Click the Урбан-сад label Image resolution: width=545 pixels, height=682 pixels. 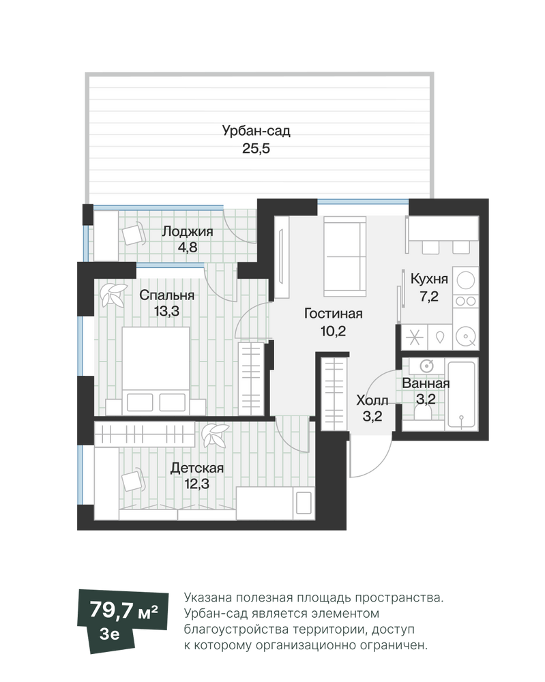pos(256,130)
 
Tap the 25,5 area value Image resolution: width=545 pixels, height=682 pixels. pos(256,148)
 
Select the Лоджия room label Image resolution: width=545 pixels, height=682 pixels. pos(188,231)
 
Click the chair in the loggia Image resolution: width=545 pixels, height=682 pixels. pos(134,233)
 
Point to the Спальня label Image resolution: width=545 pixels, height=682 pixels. pos(166,295)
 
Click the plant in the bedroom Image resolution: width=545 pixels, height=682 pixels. pos(113,295)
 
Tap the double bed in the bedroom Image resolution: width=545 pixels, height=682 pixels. pos(156,370)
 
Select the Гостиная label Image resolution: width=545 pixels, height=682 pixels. pos(333,313)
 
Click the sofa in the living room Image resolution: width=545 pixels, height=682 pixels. pos(344,256)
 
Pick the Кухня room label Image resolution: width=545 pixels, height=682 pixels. pos(429,278)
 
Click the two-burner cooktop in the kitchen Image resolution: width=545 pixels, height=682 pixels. pos(465,301)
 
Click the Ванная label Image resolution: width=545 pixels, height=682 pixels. pos(426,383)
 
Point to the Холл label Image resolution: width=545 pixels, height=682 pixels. pos(372,400)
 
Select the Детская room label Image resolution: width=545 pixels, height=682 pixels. pos(196,468)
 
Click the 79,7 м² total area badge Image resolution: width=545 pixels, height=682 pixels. pos(123,610)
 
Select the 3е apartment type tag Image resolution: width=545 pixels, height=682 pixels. pos(110,634)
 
